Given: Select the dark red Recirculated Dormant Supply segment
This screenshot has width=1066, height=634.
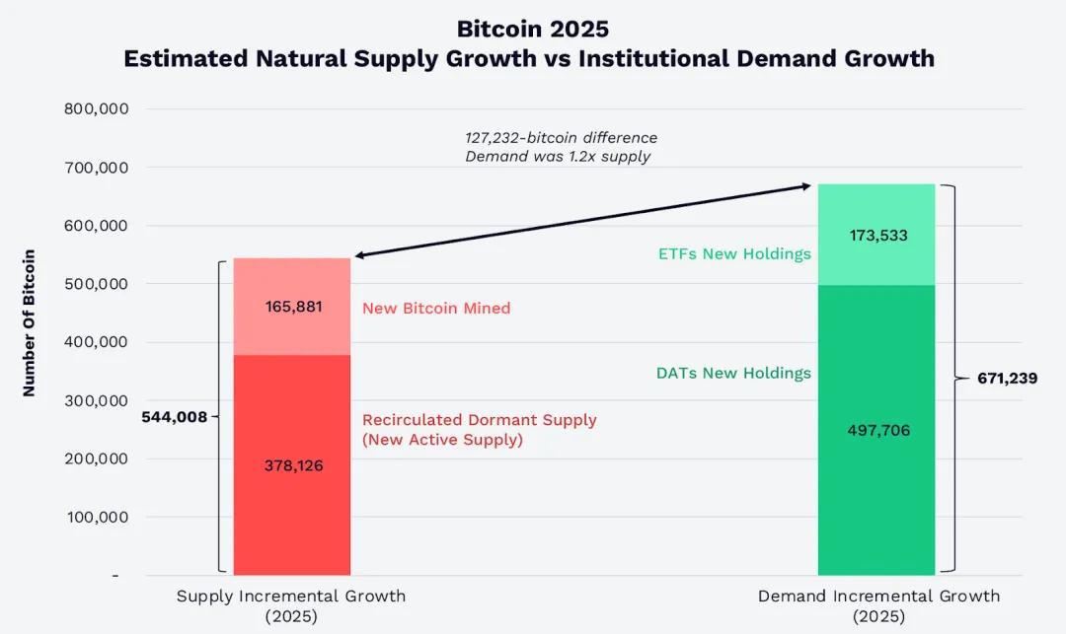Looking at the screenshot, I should tap(292, 513).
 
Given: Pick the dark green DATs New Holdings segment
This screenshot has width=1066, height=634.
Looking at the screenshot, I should tap(876, 513).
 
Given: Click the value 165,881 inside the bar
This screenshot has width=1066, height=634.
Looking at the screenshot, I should tap(293, 307).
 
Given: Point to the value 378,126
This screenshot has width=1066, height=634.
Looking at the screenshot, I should tap(293, 465).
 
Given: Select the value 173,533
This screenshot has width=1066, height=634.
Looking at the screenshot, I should tap(876, 236).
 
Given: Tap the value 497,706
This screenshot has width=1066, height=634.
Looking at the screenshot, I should tap(876, 430).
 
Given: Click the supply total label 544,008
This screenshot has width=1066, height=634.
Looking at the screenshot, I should tap(175, 417).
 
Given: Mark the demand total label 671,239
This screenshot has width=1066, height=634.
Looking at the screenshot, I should tap(1007, 378).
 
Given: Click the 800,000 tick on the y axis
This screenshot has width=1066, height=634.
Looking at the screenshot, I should tap(97, 109).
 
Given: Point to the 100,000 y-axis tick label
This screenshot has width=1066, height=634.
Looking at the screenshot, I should tap(97, 517).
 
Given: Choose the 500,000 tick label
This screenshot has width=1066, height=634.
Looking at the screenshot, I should tap(97, 284).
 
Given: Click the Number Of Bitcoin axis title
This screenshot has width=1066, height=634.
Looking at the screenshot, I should tap(29, 322).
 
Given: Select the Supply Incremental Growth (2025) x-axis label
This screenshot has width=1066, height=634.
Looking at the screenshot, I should tap(291, 606).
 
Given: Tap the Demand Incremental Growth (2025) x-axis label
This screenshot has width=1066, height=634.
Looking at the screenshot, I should tap(878, 606).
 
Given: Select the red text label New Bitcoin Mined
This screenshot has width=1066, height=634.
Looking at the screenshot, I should tap(436, 308).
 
